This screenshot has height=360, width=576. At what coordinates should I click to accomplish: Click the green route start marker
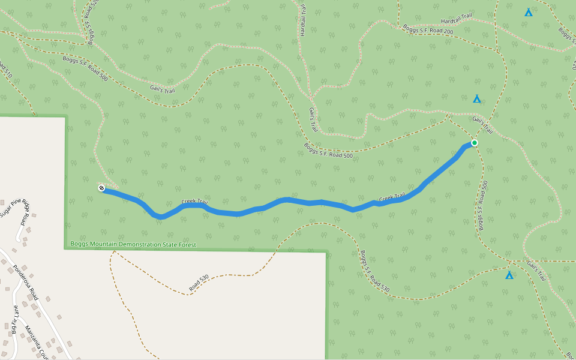[x=474, y=143]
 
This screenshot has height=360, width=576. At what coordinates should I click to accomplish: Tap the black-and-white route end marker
[x=102, y=188]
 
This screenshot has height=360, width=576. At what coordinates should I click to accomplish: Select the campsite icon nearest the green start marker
[x=477, y=99]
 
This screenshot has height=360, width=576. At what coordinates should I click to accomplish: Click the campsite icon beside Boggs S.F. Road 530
[x=509, y=275]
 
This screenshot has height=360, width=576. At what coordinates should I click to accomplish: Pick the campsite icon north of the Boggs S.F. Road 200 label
[x=529, y=12]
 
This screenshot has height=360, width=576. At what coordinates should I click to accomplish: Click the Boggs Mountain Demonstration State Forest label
[x=133, y=244]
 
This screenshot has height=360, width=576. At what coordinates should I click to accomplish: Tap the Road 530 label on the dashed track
[x=199, y=283]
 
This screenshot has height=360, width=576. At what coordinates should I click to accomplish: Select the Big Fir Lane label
[x=15, y=319]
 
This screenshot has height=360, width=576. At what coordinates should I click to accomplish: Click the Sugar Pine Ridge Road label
[x=16, y=214]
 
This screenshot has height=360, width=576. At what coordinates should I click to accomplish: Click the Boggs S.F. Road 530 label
[x=375, y=272]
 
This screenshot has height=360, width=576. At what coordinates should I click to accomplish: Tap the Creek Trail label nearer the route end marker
[x=194, y=202]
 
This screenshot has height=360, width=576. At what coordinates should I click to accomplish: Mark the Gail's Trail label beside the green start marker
[x=482, y=125]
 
